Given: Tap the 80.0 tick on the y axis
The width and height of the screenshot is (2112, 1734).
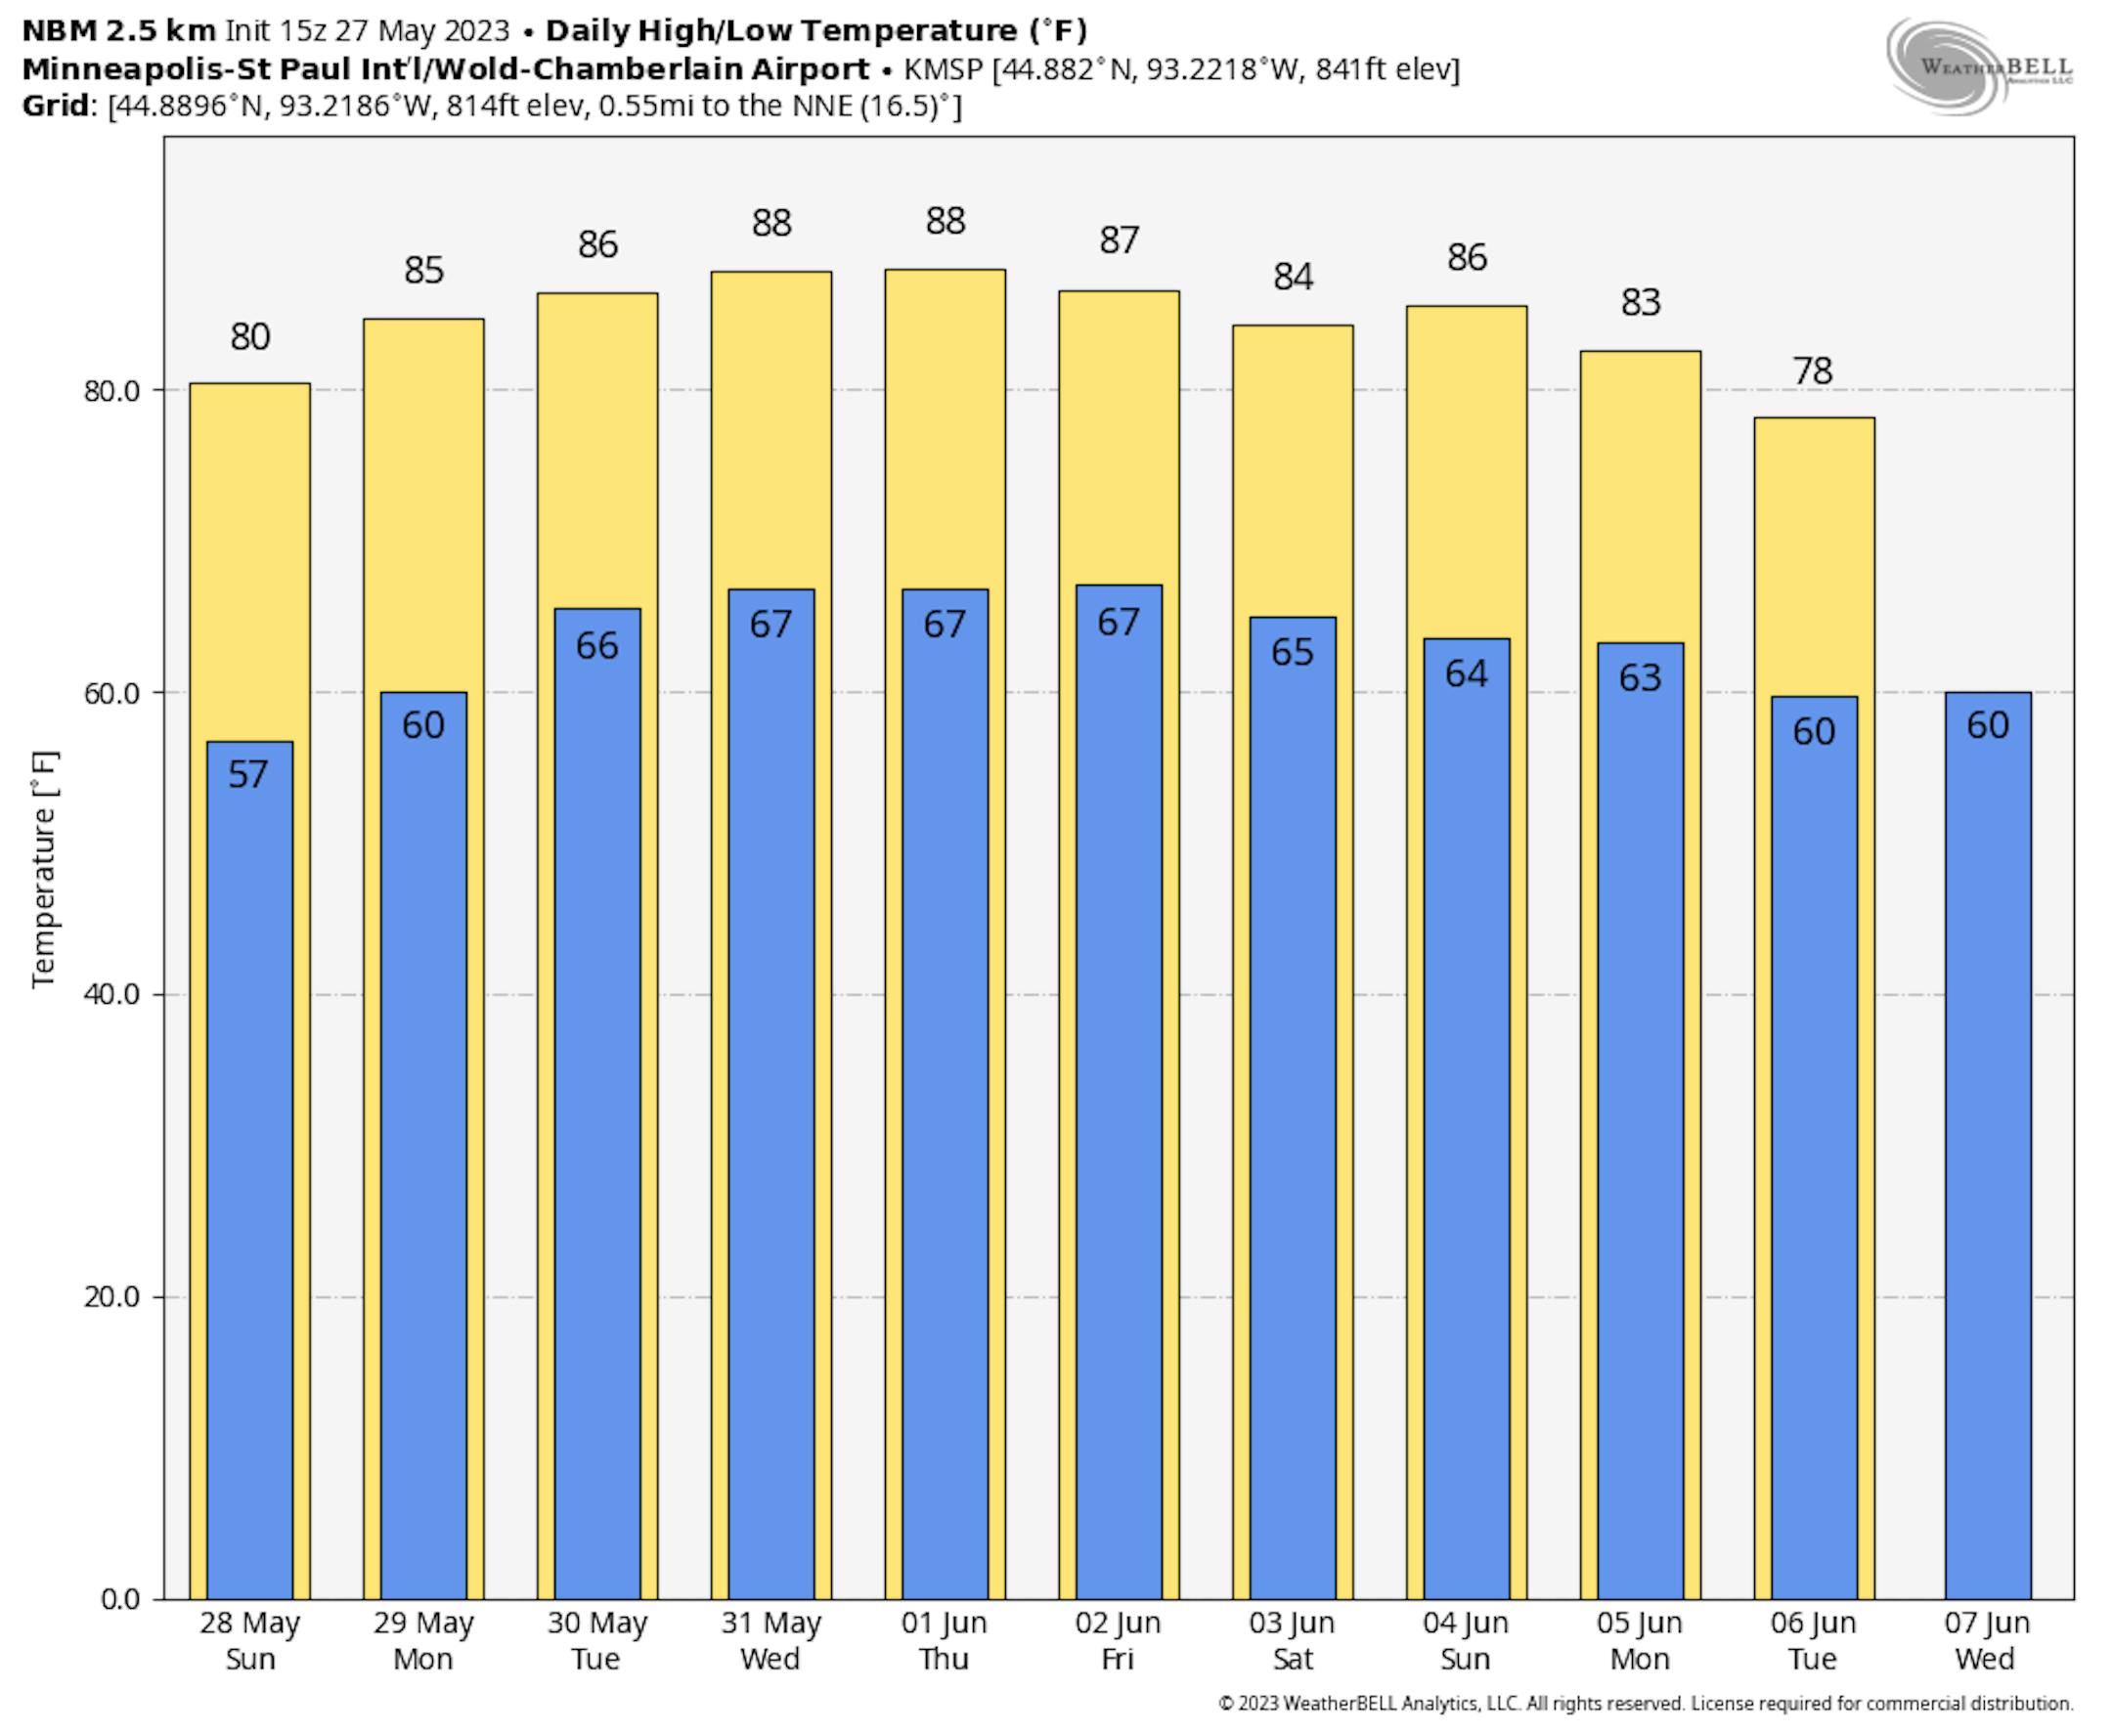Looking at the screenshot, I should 110,391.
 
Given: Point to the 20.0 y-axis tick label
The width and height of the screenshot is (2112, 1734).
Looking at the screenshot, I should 110,1297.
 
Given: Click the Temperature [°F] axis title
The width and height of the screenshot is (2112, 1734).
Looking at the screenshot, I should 44,869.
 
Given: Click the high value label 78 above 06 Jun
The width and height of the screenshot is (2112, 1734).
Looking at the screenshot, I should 1812,371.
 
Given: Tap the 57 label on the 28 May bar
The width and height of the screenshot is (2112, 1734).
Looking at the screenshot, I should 248,774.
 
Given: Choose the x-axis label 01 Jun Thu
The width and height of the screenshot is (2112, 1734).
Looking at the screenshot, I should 945,1641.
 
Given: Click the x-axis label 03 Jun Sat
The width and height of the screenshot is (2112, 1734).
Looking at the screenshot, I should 1292,1641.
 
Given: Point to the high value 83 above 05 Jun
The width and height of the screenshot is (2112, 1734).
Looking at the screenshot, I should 1640,303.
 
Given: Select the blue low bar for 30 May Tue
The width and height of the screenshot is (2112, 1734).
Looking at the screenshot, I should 596,1099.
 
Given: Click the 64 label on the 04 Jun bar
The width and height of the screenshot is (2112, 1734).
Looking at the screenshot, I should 1466,674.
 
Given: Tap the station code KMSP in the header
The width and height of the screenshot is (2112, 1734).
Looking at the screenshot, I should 944,69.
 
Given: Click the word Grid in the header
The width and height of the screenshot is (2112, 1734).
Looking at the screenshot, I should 56,106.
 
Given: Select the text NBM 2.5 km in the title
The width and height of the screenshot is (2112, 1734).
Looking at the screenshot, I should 118,31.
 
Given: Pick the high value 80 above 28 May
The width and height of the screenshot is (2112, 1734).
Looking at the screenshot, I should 249,337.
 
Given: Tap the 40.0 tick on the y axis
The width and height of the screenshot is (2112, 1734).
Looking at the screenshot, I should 110,995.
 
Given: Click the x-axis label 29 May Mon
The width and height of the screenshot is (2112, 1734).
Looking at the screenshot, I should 422,1641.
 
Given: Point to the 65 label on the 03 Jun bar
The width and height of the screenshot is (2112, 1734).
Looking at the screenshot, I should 1292,652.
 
